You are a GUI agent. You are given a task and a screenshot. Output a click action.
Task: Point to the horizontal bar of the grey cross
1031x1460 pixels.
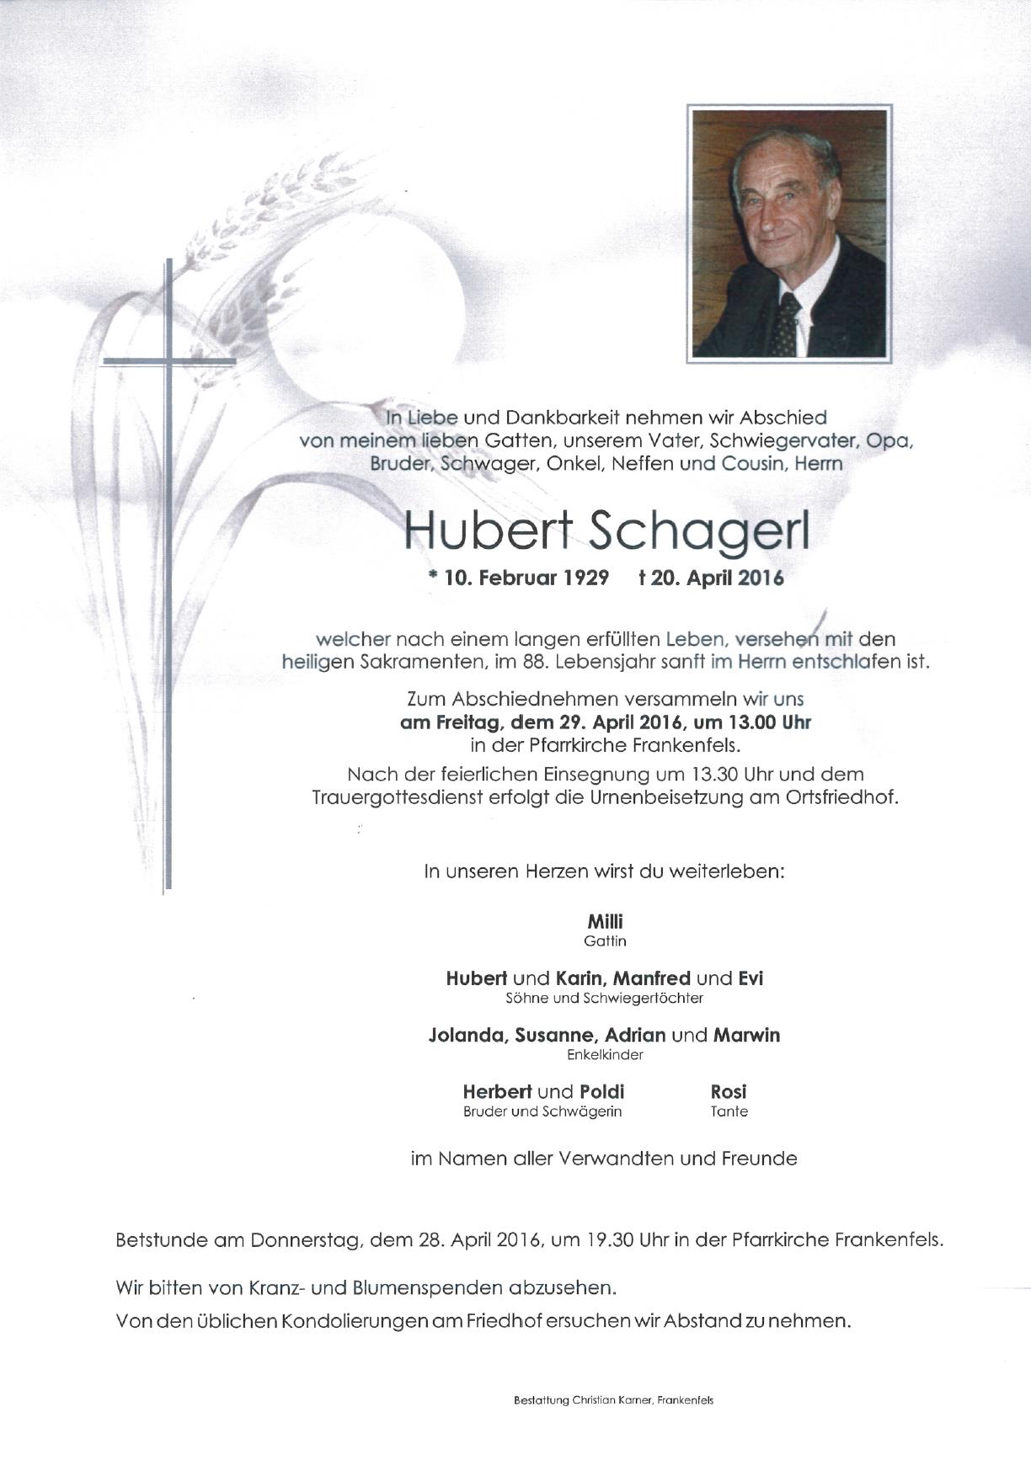(168, 361)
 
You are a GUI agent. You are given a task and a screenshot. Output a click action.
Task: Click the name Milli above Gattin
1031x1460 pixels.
(605, 922)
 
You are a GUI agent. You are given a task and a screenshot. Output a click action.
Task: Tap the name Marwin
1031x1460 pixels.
(746, 1035)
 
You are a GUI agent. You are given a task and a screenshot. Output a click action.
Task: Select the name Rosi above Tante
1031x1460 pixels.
(729, 1092)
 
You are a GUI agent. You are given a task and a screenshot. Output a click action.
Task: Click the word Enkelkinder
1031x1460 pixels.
(605, 1055)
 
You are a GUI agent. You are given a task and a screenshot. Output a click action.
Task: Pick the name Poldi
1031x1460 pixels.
(602, 1092)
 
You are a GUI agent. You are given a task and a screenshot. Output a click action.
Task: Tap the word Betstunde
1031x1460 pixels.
(160, 1240)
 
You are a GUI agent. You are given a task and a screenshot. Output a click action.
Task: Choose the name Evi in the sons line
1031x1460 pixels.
(751, 978)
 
